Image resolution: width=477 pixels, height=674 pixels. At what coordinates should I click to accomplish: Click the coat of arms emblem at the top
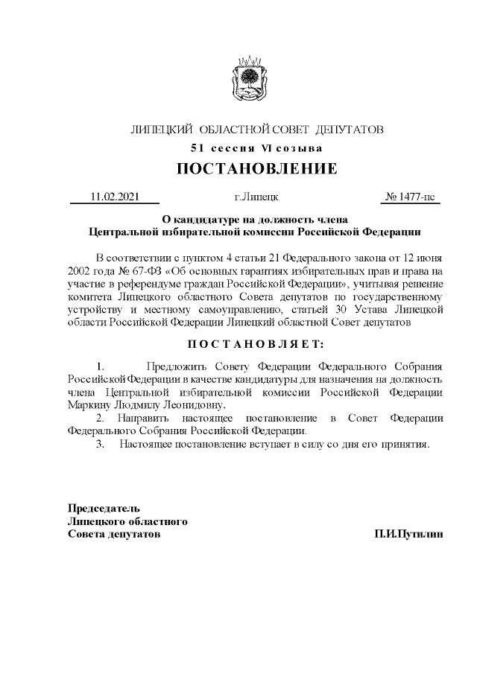pos(246,80)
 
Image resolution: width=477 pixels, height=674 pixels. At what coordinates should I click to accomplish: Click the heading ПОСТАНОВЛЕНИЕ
pos(256,169)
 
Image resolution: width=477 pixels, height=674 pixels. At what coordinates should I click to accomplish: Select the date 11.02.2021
pos(114,197)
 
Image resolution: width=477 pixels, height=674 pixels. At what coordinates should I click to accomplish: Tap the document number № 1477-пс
pos(410,197)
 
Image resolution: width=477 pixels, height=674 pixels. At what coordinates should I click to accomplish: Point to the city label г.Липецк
pos(256,197)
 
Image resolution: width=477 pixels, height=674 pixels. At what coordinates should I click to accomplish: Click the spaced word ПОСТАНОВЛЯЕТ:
pos(256,345)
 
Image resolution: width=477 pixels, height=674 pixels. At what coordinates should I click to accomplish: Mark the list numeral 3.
pos(101,445)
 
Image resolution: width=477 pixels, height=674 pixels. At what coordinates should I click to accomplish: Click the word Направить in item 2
pos(142,419)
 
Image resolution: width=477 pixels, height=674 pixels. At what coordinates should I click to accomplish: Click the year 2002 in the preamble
pos(81,271)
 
